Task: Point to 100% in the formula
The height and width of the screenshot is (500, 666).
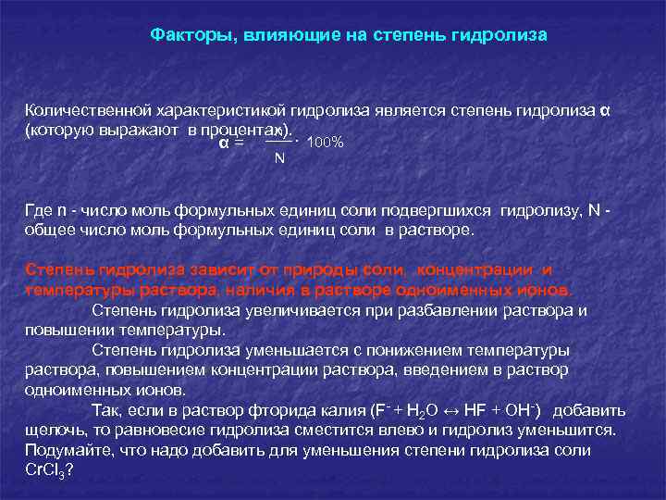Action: [x=325, y=143]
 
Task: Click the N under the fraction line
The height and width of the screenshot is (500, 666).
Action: [x=279, y=158]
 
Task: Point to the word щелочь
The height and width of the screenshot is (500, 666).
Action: [x=52, y=431]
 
